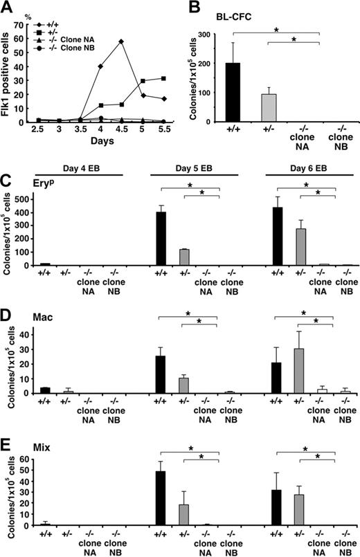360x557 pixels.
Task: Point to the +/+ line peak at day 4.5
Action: tap(121, 41)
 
